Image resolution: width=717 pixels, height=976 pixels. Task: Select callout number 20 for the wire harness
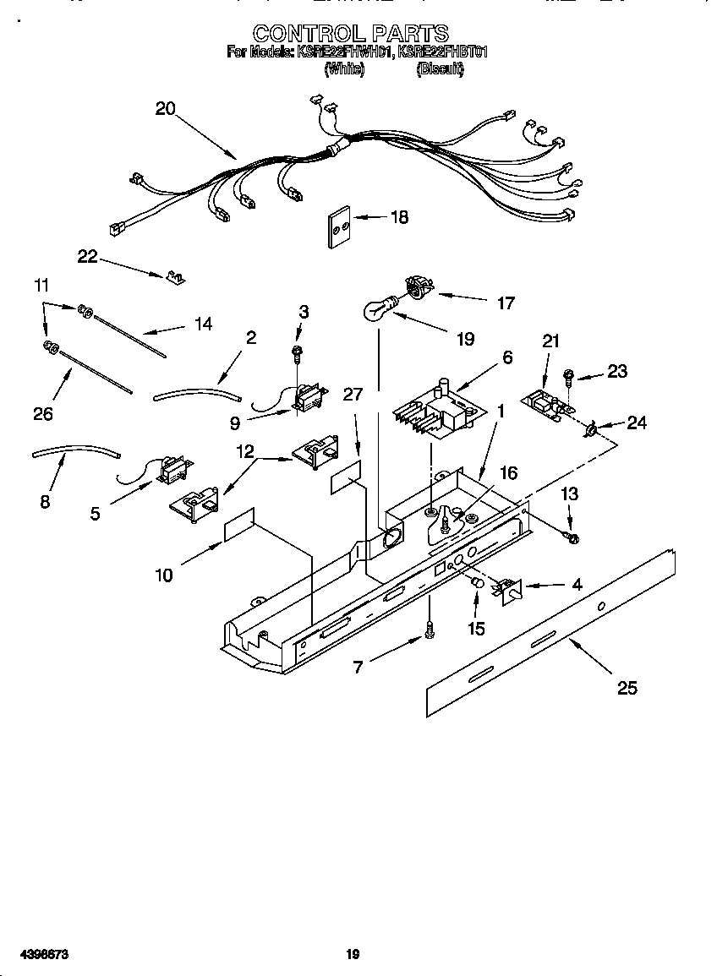point(165,108)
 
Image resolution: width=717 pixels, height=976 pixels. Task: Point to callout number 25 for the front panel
point(627,688)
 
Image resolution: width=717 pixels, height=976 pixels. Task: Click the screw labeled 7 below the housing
point(430,628)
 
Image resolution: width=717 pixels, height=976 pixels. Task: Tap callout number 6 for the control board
point(507,357)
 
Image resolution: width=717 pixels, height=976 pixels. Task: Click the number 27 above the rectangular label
point(353,394)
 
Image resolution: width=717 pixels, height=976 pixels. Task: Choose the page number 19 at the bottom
point(353,954)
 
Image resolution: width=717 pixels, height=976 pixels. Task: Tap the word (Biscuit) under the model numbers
point(441,71)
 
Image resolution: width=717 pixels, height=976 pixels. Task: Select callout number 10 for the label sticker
point(164,575)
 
